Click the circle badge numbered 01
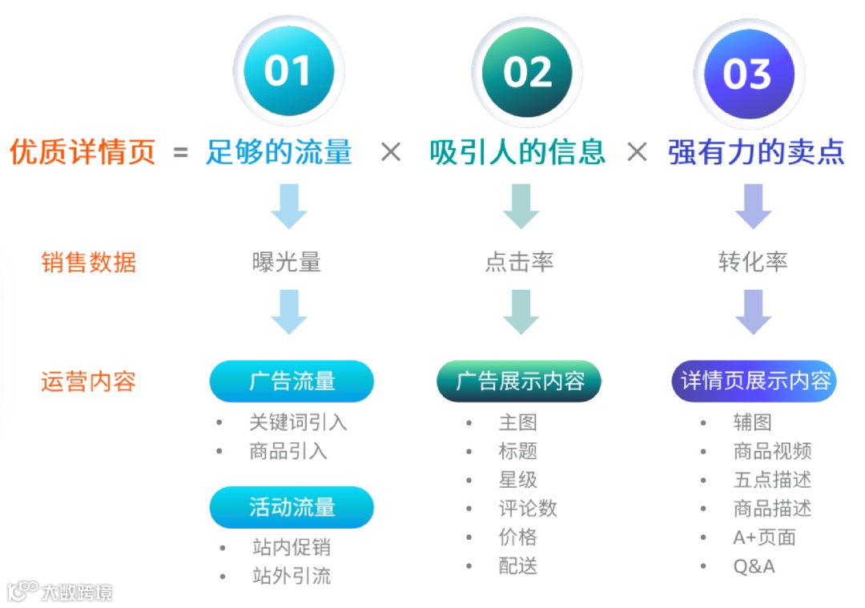288,72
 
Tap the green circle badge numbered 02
528,72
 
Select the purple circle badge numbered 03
747,74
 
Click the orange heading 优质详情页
82,151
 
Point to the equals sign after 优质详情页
181,152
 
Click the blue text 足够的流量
279,151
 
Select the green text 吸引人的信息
517,151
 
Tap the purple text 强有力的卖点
756,151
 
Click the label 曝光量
287,262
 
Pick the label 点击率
519,262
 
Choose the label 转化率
753,262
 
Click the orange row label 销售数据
89,262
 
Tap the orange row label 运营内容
89,381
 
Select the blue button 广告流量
292,381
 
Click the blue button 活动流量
292,507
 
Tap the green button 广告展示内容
520,381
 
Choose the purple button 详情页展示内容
754,381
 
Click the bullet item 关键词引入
298,422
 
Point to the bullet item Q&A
754,566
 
